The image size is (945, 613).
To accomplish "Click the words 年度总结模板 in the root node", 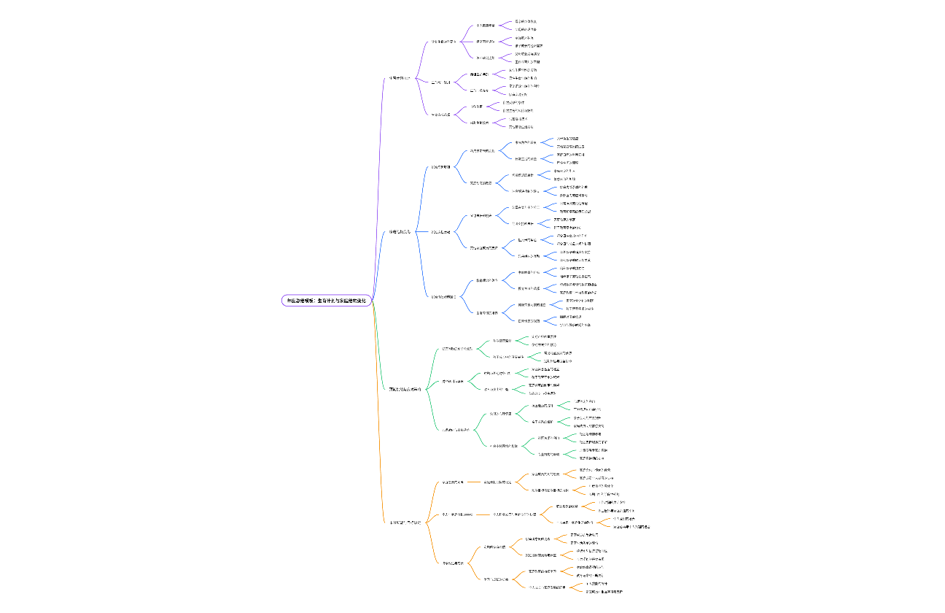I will (x=301, y=300).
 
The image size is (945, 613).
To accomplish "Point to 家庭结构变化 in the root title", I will (x=356, y=300).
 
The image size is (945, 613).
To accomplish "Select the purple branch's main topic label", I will (x=399, y=78).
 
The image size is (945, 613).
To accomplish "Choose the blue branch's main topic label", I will (x=400, y=231).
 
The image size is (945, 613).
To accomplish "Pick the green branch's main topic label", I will (x=405, y=390).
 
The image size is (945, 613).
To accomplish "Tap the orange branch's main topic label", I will (x=405, y=523).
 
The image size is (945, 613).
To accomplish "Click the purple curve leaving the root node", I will (x=381, y=182).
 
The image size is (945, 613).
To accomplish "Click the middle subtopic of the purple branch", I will (x=441, y=82).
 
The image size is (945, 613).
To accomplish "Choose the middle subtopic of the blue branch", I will (x=441, y=231).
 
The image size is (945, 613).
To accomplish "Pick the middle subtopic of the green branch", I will (x=453, y=381).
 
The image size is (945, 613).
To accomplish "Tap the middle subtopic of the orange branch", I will (x=458, y=514).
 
